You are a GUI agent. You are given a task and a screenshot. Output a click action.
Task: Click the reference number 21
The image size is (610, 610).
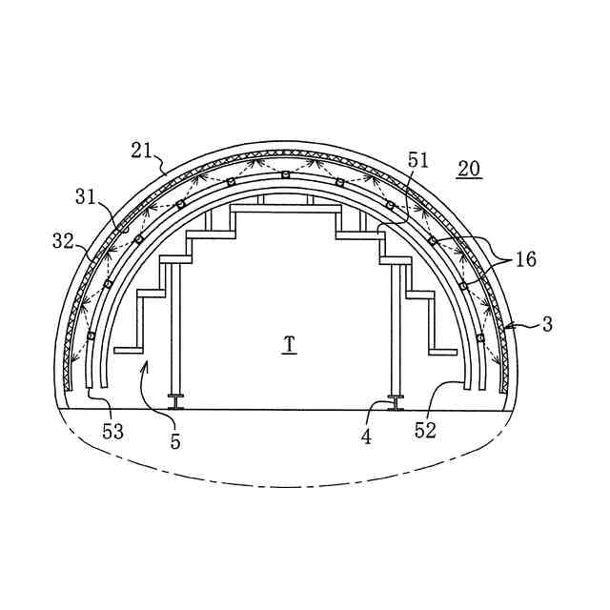coord(141,151)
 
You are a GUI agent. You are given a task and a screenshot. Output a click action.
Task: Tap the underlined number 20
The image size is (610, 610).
coord(469,170)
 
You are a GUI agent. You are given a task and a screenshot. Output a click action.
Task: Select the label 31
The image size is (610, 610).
coord(86,197)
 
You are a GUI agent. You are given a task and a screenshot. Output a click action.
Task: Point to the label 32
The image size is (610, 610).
coord(63,241)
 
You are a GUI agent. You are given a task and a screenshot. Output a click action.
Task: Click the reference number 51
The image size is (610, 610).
coord(417,160)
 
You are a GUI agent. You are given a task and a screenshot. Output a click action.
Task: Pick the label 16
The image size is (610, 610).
coord(526,258)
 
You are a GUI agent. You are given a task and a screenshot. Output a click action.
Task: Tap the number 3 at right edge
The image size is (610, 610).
coord(547,324)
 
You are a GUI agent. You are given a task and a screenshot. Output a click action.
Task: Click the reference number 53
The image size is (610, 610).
coord(112,432)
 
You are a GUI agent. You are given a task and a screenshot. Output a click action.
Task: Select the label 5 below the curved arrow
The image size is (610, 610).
coord(175,441)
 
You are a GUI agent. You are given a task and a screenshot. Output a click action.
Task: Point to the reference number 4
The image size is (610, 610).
coord(366,437)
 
